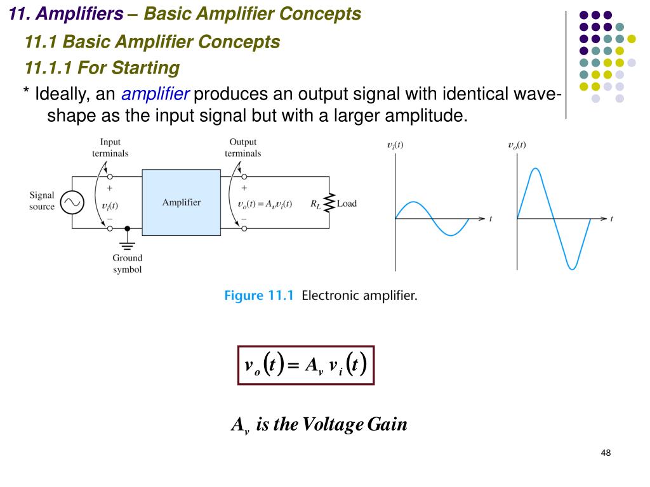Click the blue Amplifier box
(181, 203)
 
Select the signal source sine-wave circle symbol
(72, 203)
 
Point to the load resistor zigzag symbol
(329, 203)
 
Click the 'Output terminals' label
(242, 148)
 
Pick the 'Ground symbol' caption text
(128, 263)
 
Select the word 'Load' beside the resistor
(347, 204)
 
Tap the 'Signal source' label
(42, 201)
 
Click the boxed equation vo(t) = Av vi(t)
(306, 365)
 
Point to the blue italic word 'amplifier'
(156, 95)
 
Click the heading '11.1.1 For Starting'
(102, 68)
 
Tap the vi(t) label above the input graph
(395, 145)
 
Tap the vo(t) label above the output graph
(517, 145)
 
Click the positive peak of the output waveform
(536, 169)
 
